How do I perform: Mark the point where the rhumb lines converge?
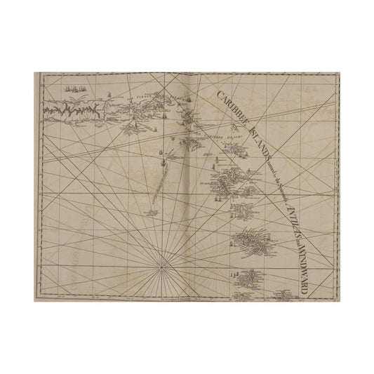pyautogui.click(x=163, y=266)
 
